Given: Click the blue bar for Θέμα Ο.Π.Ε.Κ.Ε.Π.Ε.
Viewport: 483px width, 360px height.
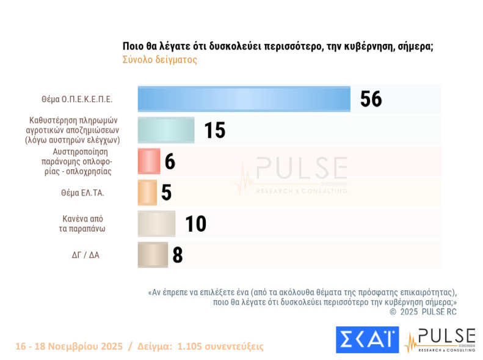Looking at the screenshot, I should click(x=244, y=99).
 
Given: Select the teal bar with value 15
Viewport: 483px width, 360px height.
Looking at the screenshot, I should click(x=166, y=130).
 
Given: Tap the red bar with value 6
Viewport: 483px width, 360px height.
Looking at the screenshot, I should click(x=149, y=161).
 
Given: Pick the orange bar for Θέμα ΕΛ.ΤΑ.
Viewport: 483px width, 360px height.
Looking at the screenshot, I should click(x=148, y=193).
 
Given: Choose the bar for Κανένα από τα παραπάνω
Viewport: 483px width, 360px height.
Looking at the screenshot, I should click(x=156, y=224).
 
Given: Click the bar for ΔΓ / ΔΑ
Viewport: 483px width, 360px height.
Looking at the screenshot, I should click(x=153, y=255).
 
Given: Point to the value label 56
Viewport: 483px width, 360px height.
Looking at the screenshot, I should click(x=371, y=99).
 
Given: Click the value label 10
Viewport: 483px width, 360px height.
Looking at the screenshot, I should click(x=196, y=224).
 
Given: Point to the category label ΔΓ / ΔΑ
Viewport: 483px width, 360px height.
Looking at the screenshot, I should click(x=85, y=255).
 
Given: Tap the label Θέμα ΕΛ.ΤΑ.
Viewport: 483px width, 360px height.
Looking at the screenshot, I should click(x=82, y=193).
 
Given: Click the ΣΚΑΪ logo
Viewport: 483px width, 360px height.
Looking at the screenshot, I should click(x=367, y=340).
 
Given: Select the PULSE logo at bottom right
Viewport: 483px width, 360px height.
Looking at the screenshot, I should click(x=440, y=340).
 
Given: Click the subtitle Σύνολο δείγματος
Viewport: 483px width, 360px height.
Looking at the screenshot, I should click(x=159, y=60).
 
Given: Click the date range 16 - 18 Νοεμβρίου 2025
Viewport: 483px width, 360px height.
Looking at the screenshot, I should click(x=68, y=347).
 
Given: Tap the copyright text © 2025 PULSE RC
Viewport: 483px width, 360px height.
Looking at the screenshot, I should click(x=423, y=312).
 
